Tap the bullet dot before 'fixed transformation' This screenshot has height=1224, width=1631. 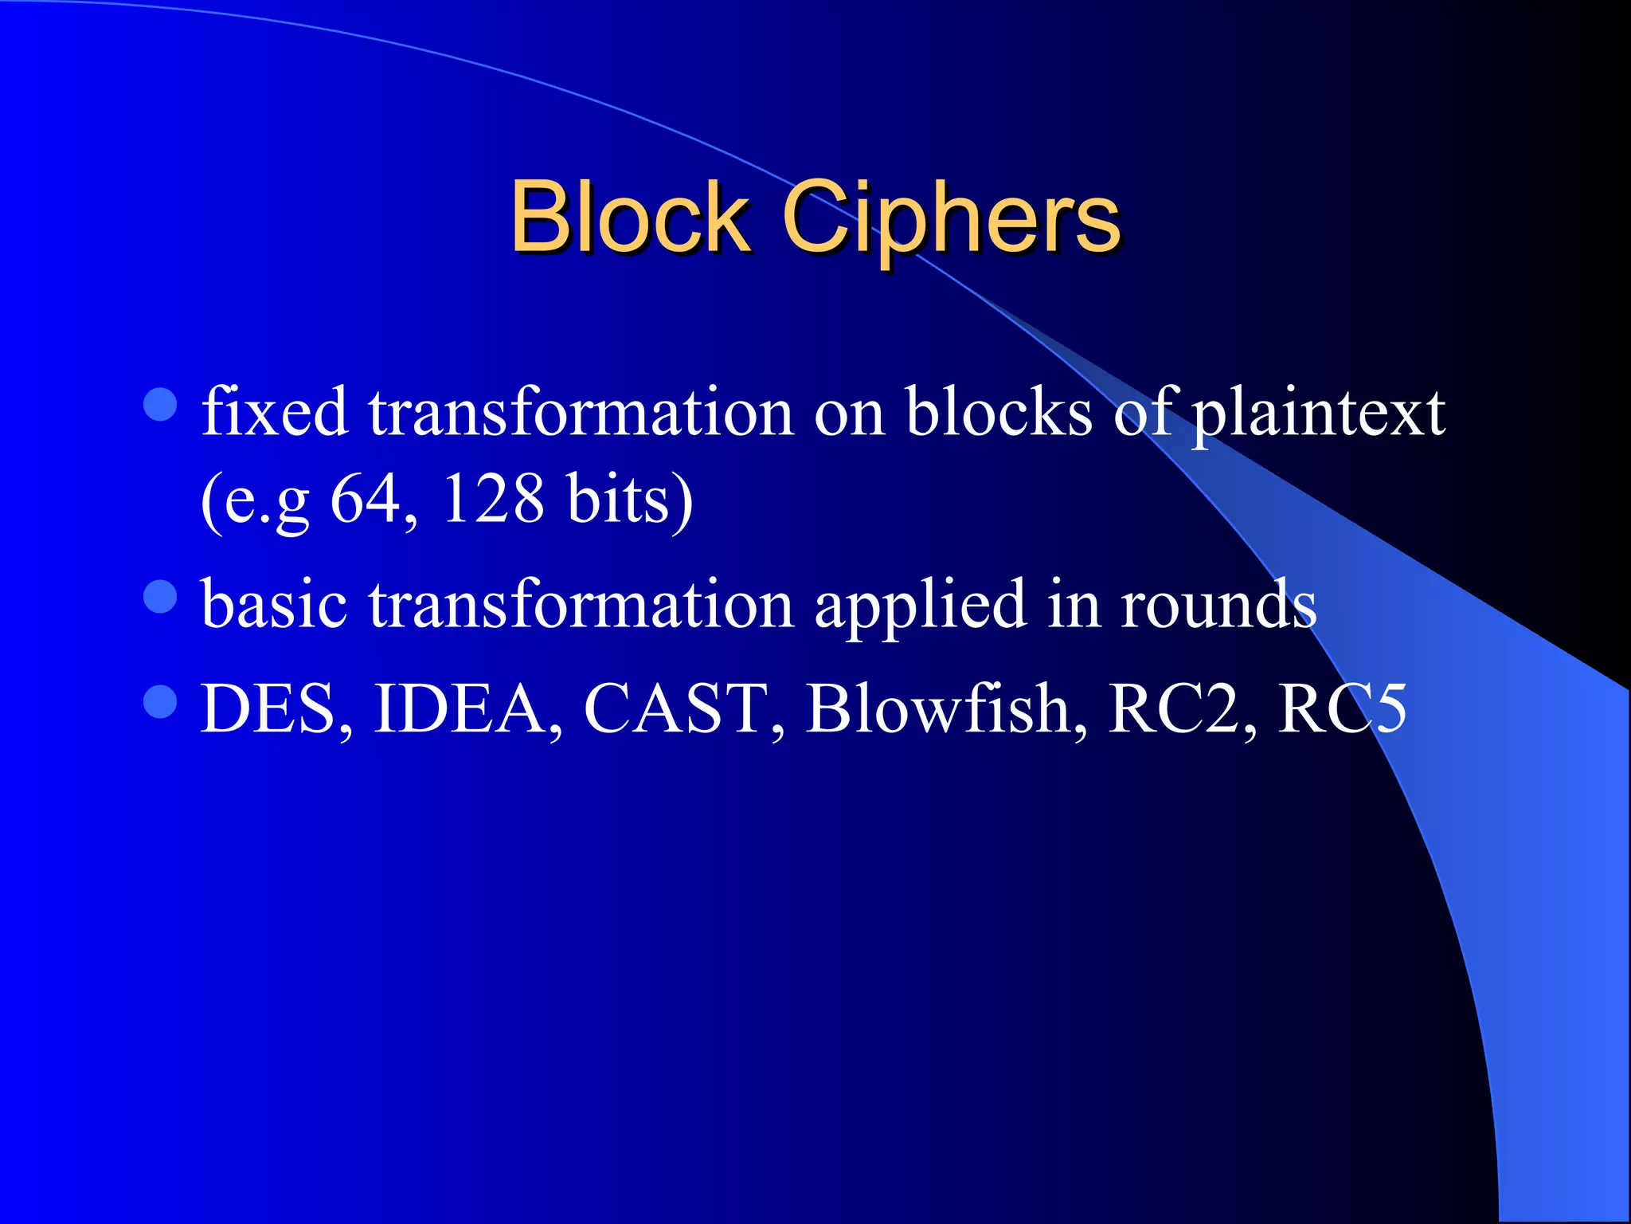click(x=160, y=405)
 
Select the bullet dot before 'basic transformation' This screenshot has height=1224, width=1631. click(x=160, y=596)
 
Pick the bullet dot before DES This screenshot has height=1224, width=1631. click(x=160, y=702)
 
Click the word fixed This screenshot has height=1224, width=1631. click(x=275, y=412)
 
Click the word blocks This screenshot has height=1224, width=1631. click(x=999, y=412)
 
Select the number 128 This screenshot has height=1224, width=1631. click(x=492, y=499)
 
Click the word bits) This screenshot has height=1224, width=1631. click(x=629, y=499)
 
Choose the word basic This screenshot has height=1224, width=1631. click(x=274, y=603)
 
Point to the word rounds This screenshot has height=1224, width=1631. click(x=1218, y=603)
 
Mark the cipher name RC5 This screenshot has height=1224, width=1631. click(x=1343, y=708)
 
